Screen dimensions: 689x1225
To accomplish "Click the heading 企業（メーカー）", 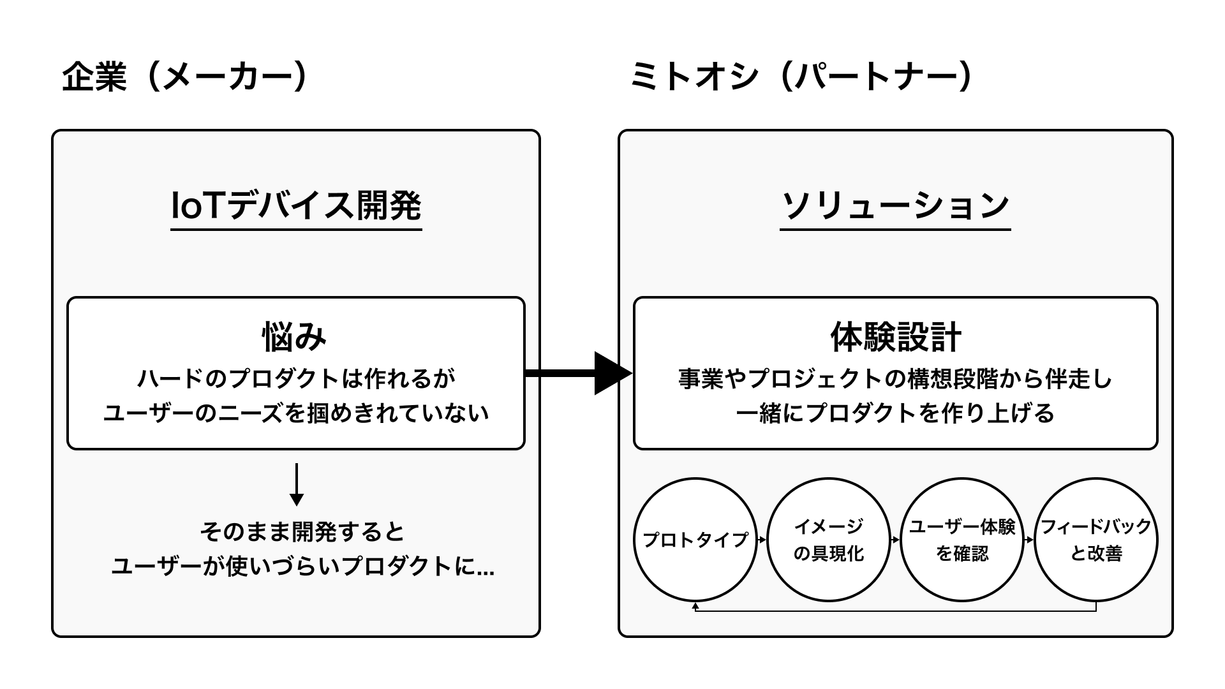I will (185, 78).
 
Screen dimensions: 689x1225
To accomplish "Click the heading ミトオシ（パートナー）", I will (801, 78).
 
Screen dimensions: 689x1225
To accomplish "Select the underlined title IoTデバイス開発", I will (296, 205).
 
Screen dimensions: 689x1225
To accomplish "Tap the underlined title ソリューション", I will (895, 205).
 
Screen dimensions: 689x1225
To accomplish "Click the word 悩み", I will (295, 337).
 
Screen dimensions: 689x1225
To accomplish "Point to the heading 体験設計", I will (895, 337).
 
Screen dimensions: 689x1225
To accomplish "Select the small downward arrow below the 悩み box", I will (296, 485).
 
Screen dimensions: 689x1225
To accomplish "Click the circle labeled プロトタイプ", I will (695, 540).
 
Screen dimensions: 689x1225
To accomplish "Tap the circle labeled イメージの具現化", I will (828, 540).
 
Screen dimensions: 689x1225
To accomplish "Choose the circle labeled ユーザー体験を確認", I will (961, 540).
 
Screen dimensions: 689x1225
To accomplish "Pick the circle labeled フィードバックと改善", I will (1095, 540).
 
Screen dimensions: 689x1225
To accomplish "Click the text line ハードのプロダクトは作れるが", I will (296, 379).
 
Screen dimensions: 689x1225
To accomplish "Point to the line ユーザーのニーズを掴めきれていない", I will (296, 413).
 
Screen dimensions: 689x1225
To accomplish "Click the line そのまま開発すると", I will (302, 531).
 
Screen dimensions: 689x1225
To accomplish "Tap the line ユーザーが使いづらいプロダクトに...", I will (302, 567).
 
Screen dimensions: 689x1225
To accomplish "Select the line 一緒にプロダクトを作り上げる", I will (895, 413).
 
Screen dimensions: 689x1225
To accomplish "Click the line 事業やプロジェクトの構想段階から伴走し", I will (895, 379).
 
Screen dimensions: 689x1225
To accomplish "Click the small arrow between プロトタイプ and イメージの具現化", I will (761, 540).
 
